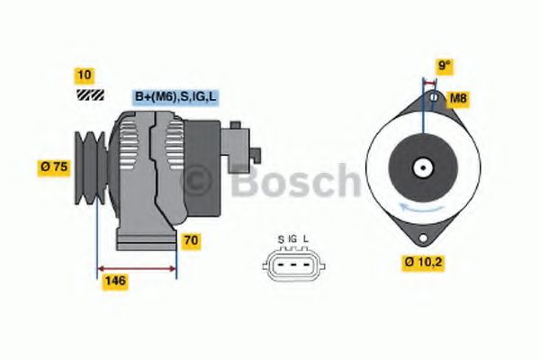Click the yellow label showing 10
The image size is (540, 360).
point(85,75)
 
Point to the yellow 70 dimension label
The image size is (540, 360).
point(192,240)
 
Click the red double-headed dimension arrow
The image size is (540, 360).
point(137,267)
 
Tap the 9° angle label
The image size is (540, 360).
point(444,66)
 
